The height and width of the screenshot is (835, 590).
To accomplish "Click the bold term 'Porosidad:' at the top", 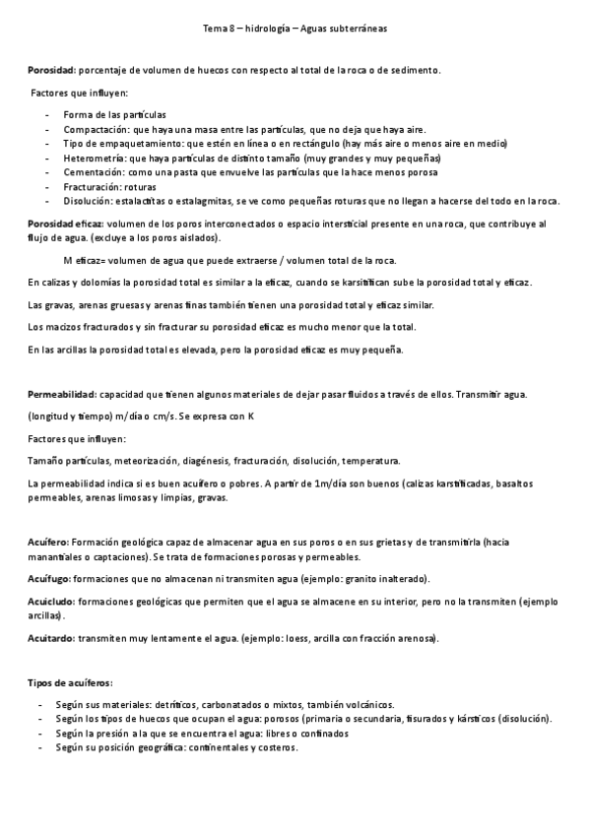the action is tap(50, 71).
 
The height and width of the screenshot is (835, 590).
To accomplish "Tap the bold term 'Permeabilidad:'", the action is tap(60, 395).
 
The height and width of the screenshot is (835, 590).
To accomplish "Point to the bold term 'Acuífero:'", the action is tap(48, 542).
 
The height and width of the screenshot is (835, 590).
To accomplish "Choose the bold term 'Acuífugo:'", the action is tap(49, 578).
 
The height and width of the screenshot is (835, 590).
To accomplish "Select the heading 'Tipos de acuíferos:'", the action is tap(70, 681).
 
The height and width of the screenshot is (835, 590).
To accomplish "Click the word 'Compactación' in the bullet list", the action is tap(95, 129).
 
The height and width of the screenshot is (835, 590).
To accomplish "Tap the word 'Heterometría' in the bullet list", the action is tap(94, 158).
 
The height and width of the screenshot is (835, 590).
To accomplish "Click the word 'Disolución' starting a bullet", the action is tap(89, 201).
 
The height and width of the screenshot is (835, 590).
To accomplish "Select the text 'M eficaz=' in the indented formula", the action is tap(85, 261).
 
